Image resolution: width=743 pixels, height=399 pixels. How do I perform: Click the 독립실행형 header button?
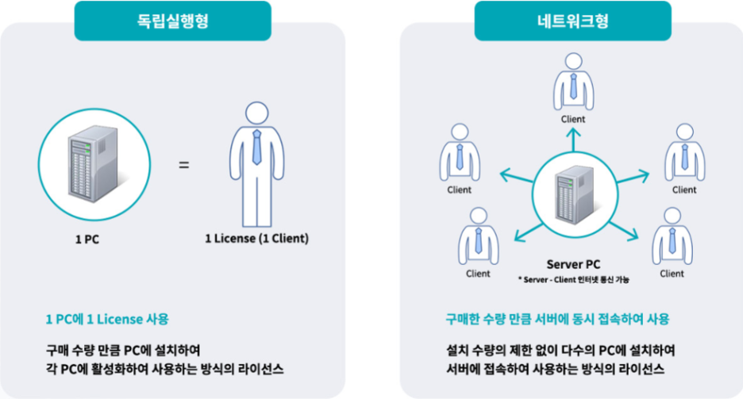pyautogui.click(x=172, y=21)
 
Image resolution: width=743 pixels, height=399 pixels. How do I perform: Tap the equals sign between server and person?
pyautogui.click(x=183, y=165)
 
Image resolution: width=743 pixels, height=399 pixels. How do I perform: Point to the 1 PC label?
pyautogui.click(x=87, y=238)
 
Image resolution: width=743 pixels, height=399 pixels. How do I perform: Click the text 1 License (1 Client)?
pyautogui.click(x=256, y=238)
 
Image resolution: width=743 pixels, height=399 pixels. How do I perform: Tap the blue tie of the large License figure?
pyautogui.click(x=256, y=148)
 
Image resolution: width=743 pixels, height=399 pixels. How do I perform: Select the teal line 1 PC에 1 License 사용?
pyautogui.click(x=107, y=319)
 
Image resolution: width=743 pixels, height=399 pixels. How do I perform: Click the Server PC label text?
pyautogui.click(x=572, y=264)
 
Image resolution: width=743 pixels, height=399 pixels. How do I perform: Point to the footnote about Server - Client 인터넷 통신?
pyautogui.click(x=572, y=279)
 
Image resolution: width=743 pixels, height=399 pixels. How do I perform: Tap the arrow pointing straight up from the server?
pyautogui.click(x=572, y=139)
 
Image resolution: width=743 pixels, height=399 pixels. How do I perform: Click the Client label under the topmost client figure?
pyautogui.click(x=572, y=120)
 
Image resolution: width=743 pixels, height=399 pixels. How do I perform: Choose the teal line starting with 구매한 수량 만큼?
pyautogui.click(x=557, y=319)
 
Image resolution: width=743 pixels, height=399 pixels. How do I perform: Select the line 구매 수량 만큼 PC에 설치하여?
pyautogui.click(x=123, y=350)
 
